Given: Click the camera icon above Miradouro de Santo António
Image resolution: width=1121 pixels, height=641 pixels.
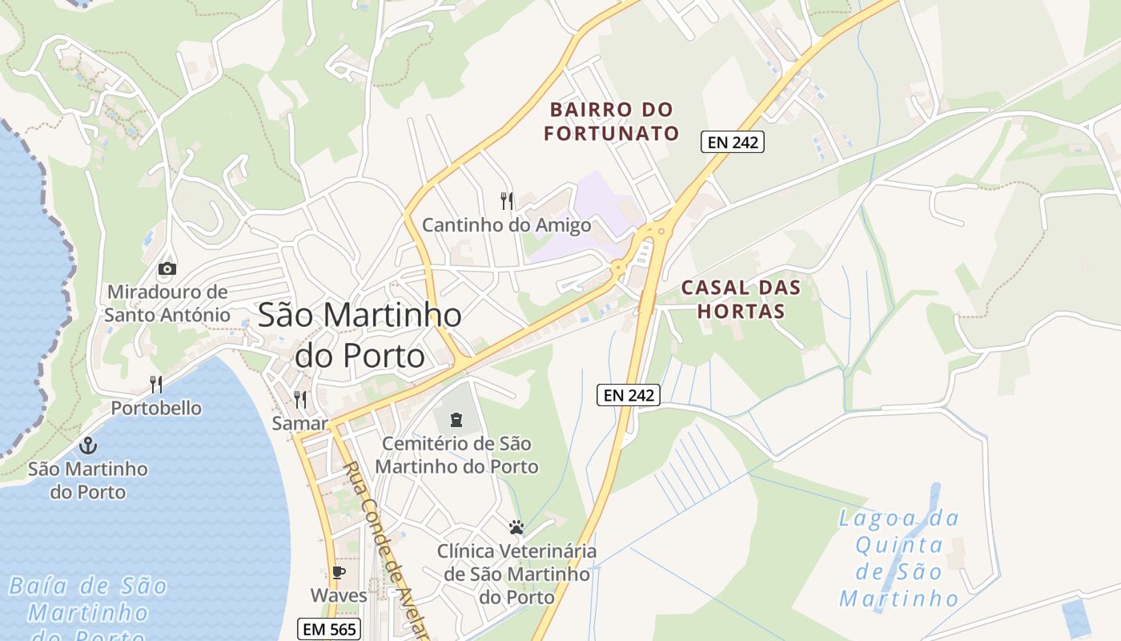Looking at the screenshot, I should (167, 268).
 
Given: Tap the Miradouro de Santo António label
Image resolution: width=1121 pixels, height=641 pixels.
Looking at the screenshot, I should (167, 304).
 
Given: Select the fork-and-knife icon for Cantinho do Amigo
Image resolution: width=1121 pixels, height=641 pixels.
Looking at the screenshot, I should (506, 200).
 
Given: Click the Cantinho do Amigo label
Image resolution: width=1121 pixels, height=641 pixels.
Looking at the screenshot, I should (506, 225).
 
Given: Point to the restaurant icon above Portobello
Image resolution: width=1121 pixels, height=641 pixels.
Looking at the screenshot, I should (156, 385).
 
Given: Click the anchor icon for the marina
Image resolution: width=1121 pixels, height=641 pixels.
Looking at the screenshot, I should (88, 445).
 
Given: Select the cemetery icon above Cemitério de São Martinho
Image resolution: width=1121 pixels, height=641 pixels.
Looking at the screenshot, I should (456, 419).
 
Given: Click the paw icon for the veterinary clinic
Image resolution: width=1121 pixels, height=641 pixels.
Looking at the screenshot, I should (516, 527).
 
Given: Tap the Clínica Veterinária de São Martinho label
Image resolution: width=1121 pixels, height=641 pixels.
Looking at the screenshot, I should (516, 574).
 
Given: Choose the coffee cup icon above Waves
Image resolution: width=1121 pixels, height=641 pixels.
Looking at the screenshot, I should (339, 572).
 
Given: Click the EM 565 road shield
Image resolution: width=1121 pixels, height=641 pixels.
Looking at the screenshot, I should (328, 629).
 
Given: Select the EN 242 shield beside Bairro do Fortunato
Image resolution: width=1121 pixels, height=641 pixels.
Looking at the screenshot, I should (733, 143).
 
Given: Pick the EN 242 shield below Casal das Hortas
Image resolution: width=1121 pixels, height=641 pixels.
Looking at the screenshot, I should (629, 394).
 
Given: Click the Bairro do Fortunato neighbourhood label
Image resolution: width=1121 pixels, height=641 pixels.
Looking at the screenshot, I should (612, 121).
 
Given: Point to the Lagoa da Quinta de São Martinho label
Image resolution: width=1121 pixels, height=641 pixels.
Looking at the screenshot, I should (898, 558).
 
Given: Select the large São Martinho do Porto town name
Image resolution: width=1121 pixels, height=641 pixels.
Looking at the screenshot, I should (360, 335).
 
